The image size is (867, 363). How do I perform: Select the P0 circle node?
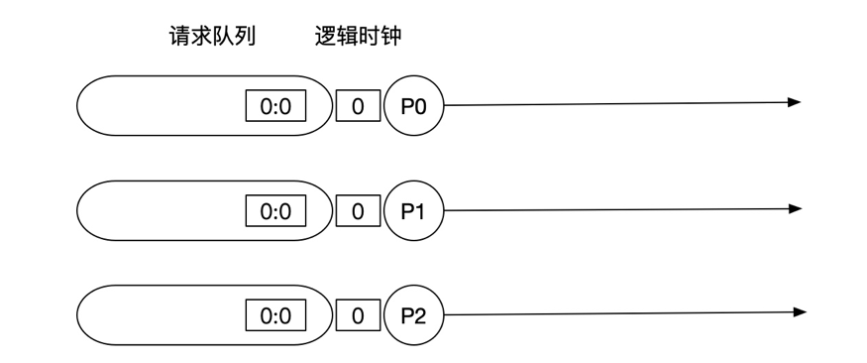point(414,105)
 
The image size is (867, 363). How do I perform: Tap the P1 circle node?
point(414,210)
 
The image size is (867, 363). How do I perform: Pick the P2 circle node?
point(414,315)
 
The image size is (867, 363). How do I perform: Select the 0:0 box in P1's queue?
point(275,211)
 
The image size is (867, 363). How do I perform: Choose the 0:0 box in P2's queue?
point(275,316)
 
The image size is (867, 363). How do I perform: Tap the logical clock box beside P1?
point(358,211)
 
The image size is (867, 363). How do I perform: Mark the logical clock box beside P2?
point(358,316)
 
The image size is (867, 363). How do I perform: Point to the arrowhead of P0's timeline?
point(794,102)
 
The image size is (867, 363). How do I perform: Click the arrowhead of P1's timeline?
point(794,208)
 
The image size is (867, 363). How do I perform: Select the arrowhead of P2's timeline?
point(799,313)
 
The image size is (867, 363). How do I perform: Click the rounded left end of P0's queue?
point(91,105)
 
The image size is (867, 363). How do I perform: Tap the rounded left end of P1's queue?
point(91,210)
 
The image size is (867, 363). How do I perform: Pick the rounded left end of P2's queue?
point(91,315)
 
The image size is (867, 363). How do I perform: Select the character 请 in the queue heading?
point(180,38)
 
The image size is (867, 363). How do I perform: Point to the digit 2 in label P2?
point(421,316)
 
